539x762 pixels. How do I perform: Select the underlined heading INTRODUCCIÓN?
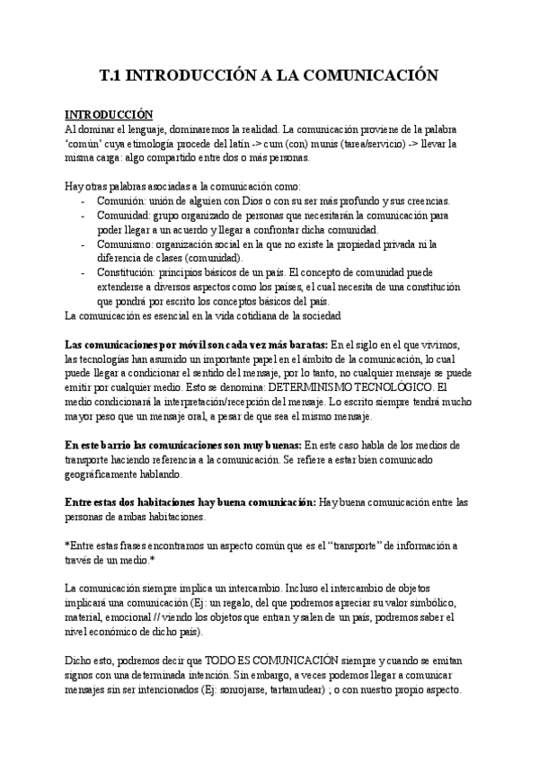[x=110, y=115]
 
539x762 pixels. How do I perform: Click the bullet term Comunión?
[x=120, y=200]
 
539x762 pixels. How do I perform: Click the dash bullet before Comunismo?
[x=83, y=244]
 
